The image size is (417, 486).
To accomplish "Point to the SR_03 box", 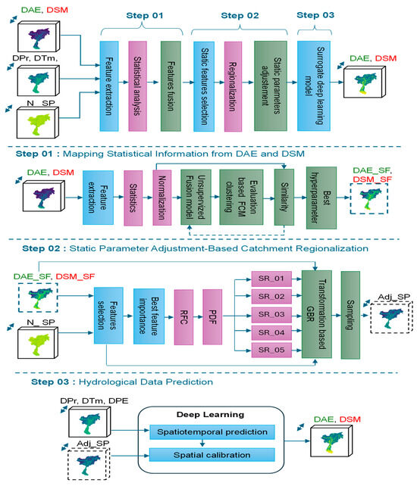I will tap(268, 313).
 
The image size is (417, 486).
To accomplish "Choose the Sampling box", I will tap(351, 314).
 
